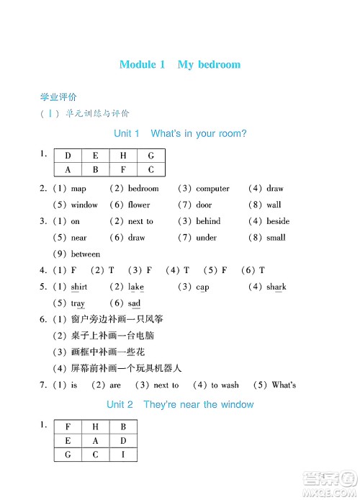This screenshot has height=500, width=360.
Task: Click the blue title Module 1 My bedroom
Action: (x=180, y=65)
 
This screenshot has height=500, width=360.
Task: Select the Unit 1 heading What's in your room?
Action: (x=180, y=134)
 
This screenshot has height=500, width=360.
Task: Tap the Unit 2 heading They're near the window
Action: (x=180, y=405)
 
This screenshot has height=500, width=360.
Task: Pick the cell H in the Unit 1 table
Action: (x=123, y=156)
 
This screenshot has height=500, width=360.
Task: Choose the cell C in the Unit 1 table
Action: (x=151, y=170)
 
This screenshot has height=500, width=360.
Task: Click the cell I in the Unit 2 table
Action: (x=123, y=455)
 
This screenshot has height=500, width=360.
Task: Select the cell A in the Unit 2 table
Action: (x=96, y=440)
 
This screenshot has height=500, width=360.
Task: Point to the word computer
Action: (x=212, y=189)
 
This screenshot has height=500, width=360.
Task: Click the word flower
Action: (x=139, y=205)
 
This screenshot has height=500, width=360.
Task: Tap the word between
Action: (x=86, y=254)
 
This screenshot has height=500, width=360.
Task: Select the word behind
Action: (x=208, y=222)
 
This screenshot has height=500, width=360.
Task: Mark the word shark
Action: (x=276, y=287)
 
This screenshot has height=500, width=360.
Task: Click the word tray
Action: (x=78, y=304)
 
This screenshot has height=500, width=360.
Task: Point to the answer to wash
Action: (x=225, y=385)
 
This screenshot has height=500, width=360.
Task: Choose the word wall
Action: (x=274, y=205)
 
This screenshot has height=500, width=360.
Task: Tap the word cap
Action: (x=202, y=287)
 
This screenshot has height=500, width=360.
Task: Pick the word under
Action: (x=207, y=238)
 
